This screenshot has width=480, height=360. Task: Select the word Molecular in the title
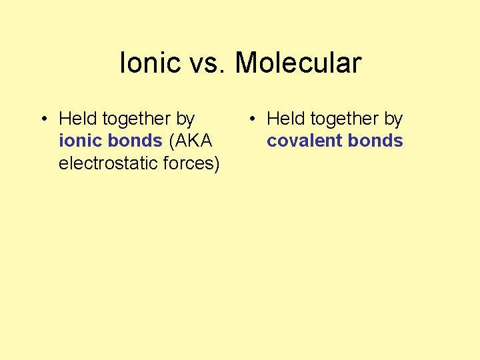click(298, 63)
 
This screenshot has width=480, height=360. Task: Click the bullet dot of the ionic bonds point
click(43, 119)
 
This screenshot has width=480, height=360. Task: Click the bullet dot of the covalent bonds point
click(251, 119)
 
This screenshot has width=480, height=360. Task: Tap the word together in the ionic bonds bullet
click(137, 119)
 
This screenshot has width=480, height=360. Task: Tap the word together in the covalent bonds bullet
click(345, 119)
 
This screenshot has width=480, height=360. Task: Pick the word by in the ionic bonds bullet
click(185, 119)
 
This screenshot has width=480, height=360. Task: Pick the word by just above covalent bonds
click(393, 119)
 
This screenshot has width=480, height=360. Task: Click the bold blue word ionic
click(79, 141)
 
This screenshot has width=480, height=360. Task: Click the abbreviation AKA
click(193, 141)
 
